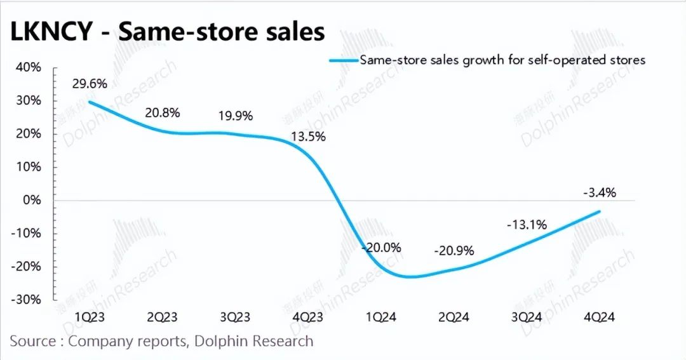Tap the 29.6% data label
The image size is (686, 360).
90,84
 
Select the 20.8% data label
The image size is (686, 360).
163,113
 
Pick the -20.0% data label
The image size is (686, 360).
381,248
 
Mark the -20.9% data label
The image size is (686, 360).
454,250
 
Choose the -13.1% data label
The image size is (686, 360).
527,224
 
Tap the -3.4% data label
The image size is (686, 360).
599,192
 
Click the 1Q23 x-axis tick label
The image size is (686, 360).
90,317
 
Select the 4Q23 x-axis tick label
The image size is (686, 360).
309,317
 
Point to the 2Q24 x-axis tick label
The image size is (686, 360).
454,317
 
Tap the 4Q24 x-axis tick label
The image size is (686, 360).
599,317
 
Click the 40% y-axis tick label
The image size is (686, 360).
29,67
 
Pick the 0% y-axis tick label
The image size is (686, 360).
32,200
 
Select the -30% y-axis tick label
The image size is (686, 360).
27,299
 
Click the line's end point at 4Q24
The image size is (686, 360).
600,211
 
